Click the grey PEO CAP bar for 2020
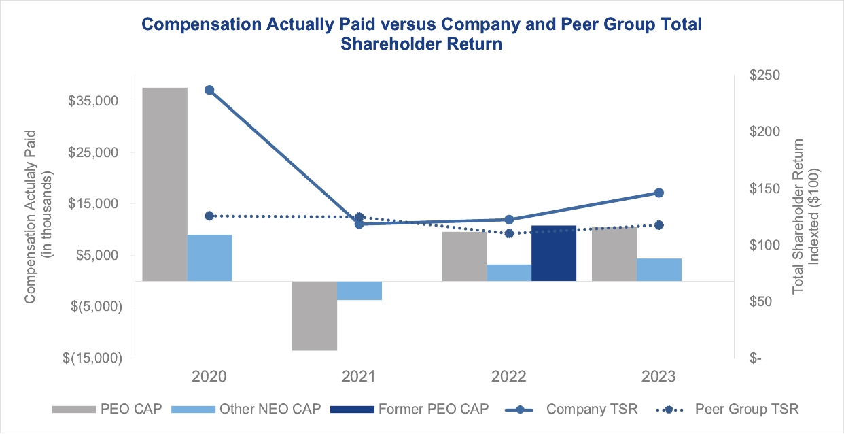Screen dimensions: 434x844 click(164, 184)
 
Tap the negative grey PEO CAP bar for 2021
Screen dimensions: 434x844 click(315, 316)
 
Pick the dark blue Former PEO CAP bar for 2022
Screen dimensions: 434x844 click(554, 252)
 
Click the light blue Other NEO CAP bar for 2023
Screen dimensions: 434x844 click(659, 269)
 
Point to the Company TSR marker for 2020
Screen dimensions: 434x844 click(209, 90)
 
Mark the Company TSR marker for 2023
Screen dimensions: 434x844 click(658, 193)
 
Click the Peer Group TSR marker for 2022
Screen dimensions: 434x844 click(509, 233)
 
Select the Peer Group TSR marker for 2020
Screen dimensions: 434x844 click(209, 216)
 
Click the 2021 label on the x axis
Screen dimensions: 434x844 click(359, 376)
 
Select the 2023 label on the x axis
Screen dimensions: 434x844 click(658, 376)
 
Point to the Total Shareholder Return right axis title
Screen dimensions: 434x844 click(799, 216)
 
